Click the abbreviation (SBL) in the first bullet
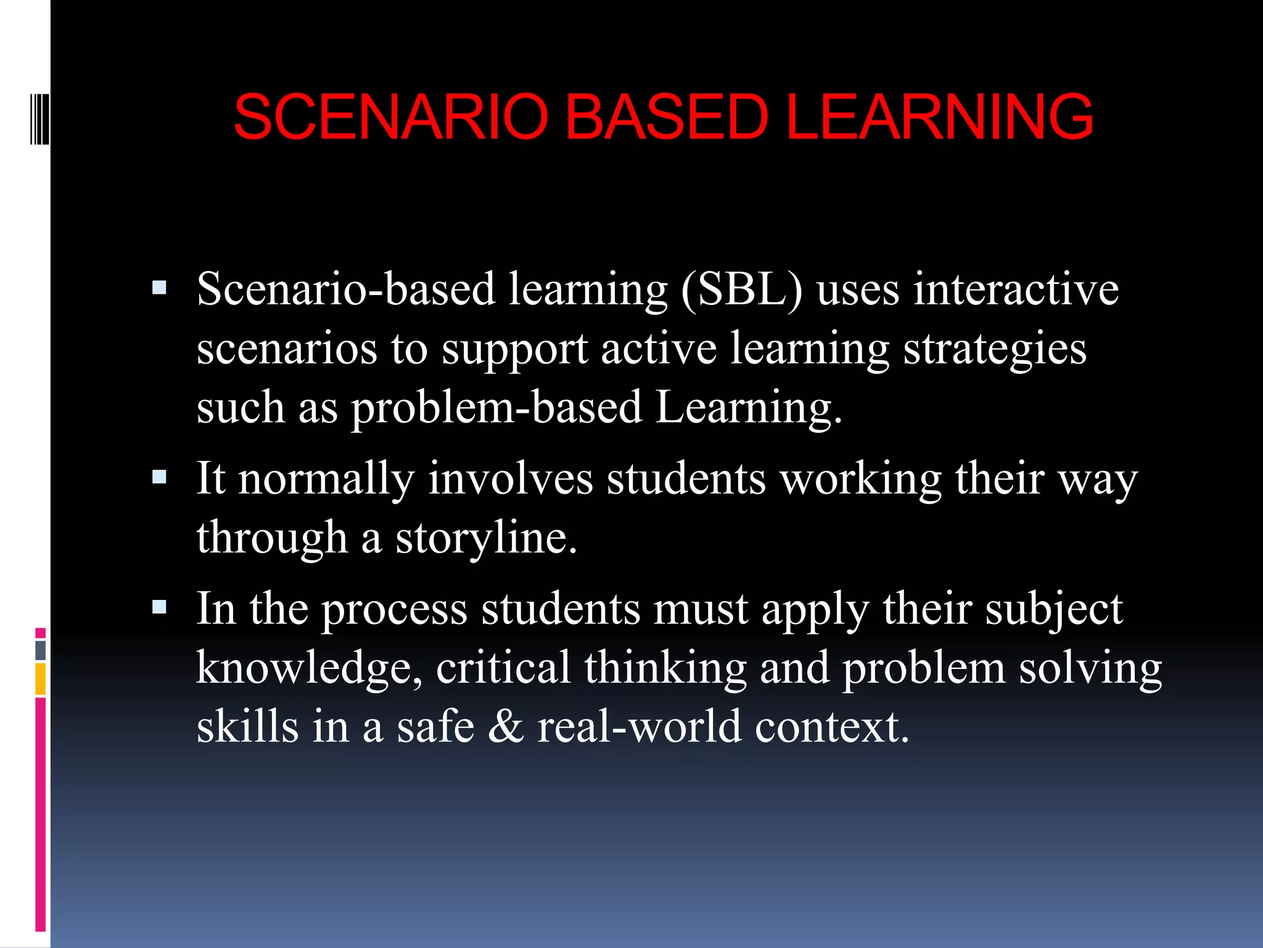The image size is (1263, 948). (742, 289)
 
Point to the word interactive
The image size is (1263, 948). (1016, 289)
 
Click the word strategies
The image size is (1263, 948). (995, 348)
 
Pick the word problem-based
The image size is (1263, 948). (496, 407)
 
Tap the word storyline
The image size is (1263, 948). (486, 538)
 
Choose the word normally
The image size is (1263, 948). (326, 478)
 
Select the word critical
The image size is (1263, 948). (503, 668)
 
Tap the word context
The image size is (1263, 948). (832, 726)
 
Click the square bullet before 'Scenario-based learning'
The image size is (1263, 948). (159, 288)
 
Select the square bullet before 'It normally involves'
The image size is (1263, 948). (159, 477)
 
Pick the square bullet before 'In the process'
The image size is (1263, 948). (159, 607)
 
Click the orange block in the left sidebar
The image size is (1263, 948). (41, 679)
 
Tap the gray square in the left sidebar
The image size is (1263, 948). (41, 650)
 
